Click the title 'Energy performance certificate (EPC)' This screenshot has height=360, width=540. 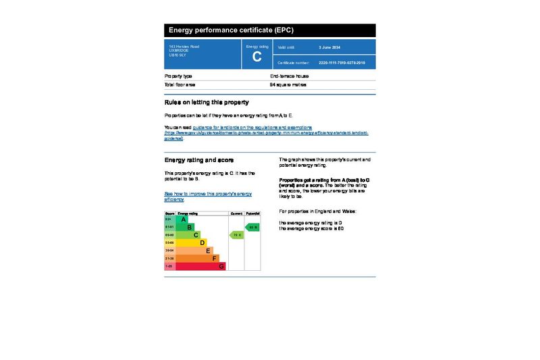[231, 30]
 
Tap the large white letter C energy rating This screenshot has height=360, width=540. [256, 57]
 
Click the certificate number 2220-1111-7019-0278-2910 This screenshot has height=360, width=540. [342, 62]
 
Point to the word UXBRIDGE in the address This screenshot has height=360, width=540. [178, 51]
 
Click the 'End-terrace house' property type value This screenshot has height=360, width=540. [289, 76]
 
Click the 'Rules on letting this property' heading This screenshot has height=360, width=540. [207, 103]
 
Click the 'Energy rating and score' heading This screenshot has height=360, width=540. [199, 160]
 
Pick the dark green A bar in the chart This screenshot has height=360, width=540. [182, 220]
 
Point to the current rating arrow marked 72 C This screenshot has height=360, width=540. [236, 235]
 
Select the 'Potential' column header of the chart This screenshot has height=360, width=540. [252, 213]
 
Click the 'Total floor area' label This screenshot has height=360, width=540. [180, 85]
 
